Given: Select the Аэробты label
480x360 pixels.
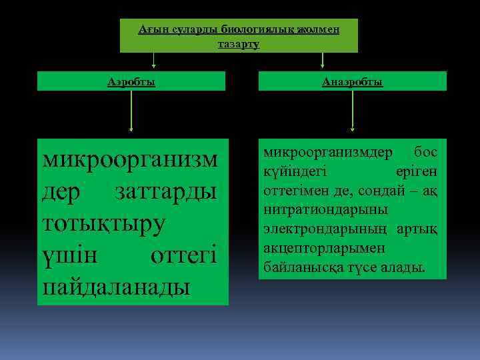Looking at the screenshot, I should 131,81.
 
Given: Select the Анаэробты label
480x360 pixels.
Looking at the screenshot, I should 352,81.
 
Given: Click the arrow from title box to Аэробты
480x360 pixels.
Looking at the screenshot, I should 154,61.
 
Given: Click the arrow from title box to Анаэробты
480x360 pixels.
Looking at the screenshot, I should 323,61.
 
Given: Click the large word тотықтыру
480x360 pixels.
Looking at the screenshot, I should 103,224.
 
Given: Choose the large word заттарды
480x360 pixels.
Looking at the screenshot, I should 166,193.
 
